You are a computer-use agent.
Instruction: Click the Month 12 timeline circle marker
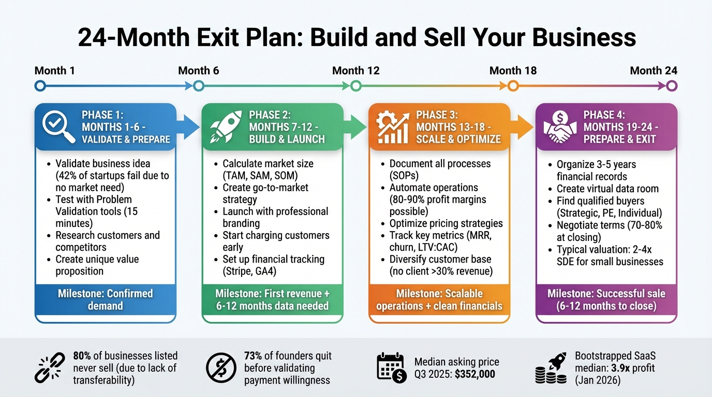[355, 86]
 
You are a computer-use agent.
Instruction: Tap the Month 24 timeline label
[654, 70]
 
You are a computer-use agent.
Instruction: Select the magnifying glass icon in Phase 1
[56, 126]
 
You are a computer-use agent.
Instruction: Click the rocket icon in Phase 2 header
[224, 126]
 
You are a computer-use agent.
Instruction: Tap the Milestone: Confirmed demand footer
[106, 299]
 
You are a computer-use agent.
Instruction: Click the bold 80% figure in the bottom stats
[83, 356]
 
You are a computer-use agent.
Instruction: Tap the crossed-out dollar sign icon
[221, 368]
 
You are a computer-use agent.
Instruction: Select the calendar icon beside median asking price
[391, 368]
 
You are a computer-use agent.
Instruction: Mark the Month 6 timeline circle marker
[198, 86]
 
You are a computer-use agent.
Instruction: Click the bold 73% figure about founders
[254, 356]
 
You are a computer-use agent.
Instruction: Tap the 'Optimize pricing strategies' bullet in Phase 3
[446, 223]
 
